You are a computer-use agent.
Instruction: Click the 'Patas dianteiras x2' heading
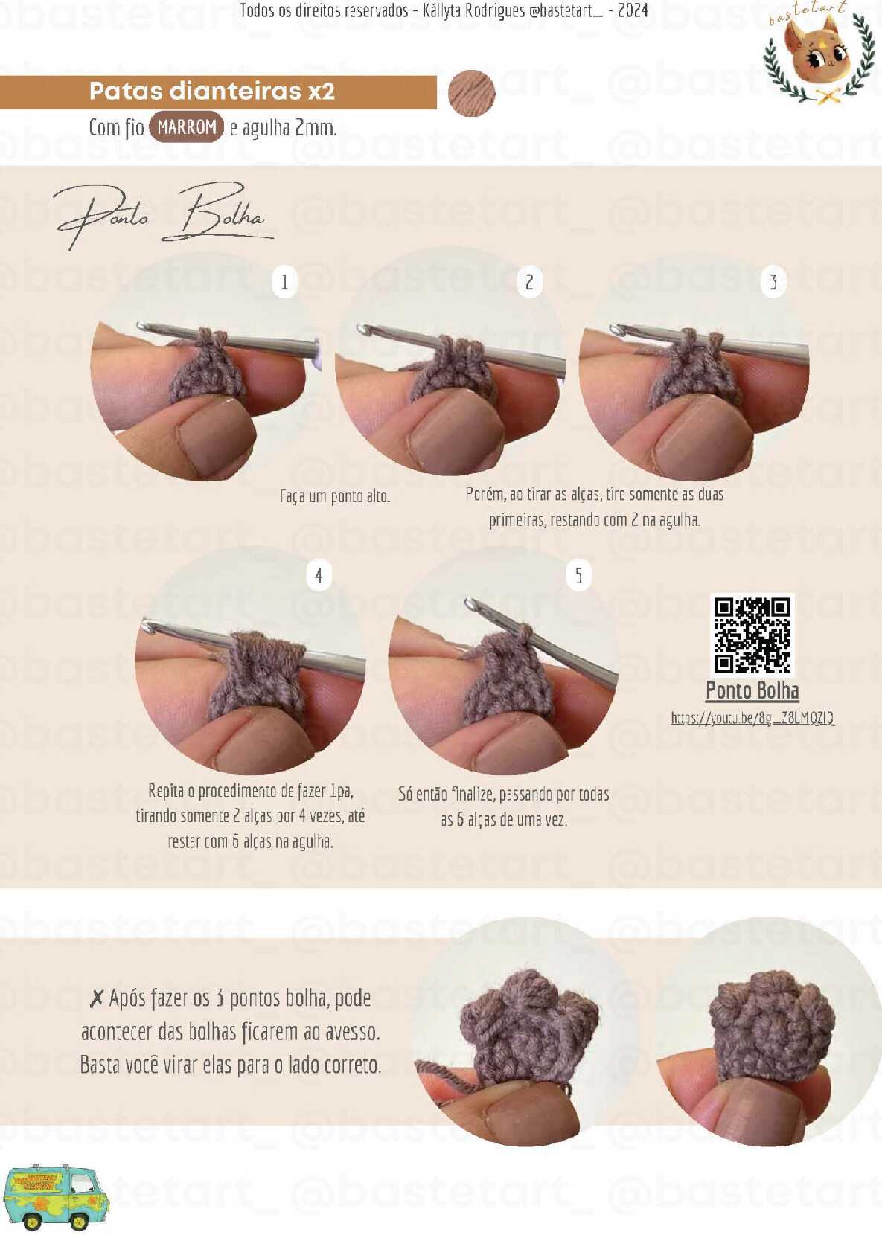point(212,91)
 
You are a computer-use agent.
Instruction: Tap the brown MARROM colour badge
point(186,127)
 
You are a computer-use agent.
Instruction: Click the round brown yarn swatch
point(472,93)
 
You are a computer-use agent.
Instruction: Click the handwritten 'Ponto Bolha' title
point(163,216)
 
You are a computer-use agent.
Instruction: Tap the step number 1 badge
point(284,282)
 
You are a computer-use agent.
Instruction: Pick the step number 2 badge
point(529,282)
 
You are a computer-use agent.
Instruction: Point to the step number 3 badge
point(773,282)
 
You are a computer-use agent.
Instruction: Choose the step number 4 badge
point(319,576)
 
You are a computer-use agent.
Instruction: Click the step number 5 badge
point(578,576)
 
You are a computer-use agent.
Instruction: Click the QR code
point(752,635)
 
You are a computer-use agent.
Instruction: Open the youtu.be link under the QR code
point(752,718)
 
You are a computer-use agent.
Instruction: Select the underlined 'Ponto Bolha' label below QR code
point(752,690)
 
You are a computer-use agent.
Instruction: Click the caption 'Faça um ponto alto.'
point(335,497)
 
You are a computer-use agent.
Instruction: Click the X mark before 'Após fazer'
point(97,998)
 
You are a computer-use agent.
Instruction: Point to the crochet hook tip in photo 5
point(470,603)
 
